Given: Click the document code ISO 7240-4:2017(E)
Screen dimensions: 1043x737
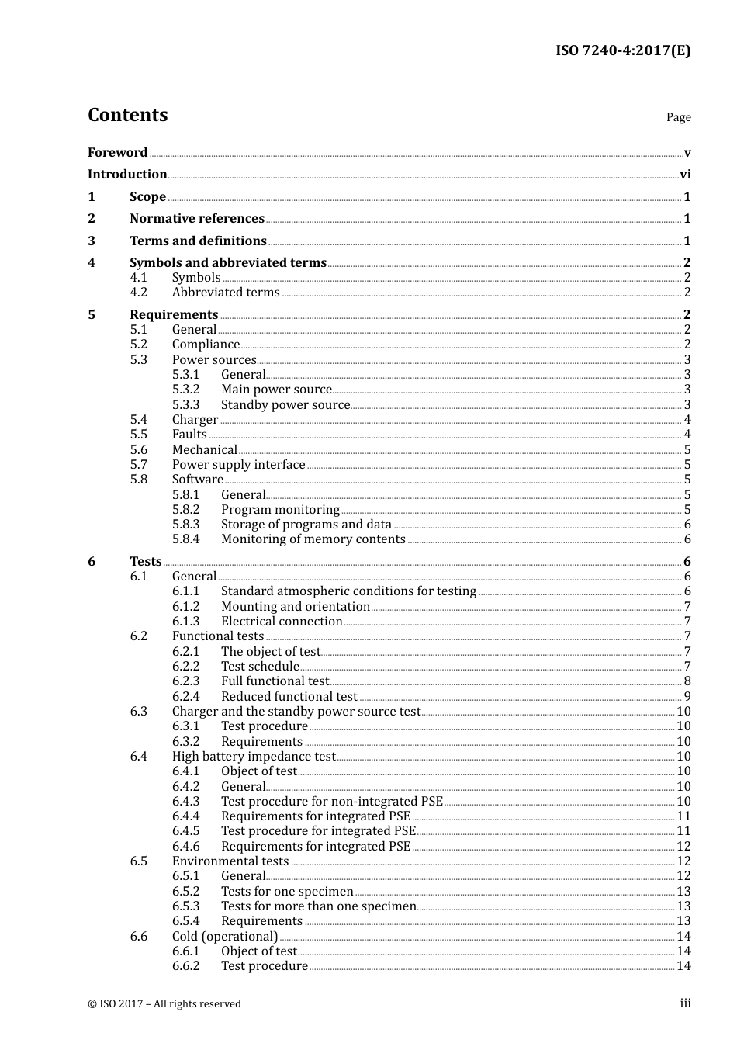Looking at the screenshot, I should (x=622, y=50).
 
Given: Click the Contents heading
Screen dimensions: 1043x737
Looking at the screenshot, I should (x=127, y=115).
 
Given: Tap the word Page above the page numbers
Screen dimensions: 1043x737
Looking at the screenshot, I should (x=678, y=117).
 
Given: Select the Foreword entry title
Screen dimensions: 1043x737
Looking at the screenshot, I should (x=117, y=152).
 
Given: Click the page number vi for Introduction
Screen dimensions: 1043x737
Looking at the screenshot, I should (x=684, y=175).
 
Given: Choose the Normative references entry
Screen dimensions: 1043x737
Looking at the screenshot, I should (x=197, y=219).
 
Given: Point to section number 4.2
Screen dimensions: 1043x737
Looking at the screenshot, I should (x=138, y=293).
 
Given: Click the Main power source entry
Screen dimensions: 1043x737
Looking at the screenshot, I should (x=276, y=390).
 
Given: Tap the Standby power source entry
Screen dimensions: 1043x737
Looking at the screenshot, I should (x=285, y=405).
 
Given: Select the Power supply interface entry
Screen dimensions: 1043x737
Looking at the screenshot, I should (x=238, y=465).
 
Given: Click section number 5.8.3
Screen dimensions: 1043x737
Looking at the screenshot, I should (x=185, y=525).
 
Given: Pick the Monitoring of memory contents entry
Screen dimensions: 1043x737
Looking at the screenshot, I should (x=313, y=539).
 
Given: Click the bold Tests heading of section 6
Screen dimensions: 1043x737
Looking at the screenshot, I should (x=146, y=562).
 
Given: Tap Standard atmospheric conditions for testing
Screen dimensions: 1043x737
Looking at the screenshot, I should (x=348, y=591).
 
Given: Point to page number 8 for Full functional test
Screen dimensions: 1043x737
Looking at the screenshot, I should (x=687, y=681).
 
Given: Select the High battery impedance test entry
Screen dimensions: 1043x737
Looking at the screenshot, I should (x=254, y=757).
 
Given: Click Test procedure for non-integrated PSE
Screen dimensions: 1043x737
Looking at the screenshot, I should (x=331, y=802).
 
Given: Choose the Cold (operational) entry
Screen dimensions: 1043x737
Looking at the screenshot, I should (x=224, y=937).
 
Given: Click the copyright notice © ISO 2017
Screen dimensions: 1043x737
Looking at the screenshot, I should (x=164, y=1004).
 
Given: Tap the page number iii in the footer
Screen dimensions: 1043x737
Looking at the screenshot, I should (x=685, y=1003).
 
